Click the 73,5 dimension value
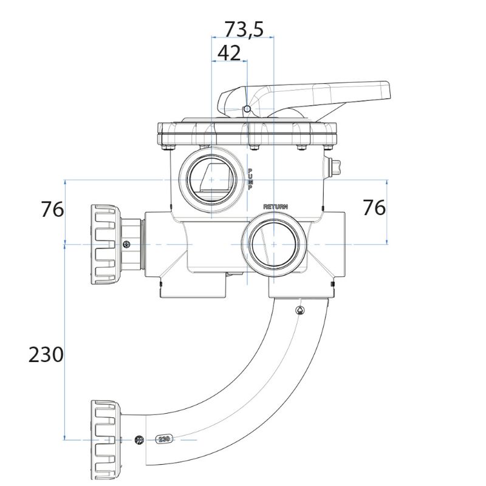(x=244, y=29)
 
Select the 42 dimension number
(x=228, y=53)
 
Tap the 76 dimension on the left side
(x=53, y=209)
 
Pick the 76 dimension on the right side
(x=374, y=207)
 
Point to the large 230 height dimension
(x=46, y=354)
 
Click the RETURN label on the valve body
(x=275, y=207)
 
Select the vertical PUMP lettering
(x=250, y=179)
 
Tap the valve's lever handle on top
(x=316, y=94)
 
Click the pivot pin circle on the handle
(x=247, y=109)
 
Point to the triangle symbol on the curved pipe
(x=300, y=310)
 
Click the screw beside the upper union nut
(x=126, y=244)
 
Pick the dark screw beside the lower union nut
(x=139, y=439)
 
